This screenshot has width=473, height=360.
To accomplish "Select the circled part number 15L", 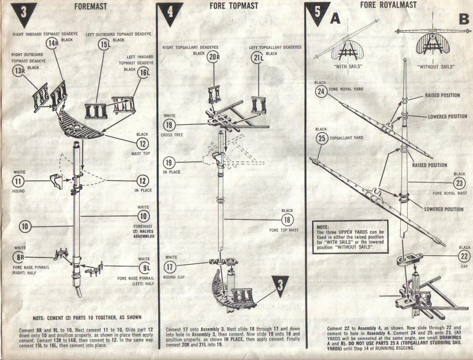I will coord(104,44).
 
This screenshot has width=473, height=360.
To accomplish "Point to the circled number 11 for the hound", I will coord(18,181).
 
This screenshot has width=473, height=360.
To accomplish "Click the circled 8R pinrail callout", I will coord(19,257).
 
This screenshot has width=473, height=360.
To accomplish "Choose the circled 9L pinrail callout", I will coord(144,268).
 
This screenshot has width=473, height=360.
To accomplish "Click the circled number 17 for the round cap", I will coord(169,266).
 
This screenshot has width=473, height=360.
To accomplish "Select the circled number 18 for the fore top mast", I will coord(287,220).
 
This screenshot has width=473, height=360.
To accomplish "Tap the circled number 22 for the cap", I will coord(464,256).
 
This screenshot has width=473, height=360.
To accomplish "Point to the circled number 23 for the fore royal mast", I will coord(459,183).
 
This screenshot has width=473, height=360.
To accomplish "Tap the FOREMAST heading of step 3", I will coord(91,6).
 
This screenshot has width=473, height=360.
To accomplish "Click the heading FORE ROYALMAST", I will coord(388,5).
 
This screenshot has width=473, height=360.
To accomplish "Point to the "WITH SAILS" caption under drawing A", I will coord(348,66).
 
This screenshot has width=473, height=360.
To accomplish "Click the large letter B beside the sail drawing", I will coord(464,19).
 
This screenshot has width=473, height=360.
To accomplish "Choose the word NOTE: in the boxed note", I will coord(323,227).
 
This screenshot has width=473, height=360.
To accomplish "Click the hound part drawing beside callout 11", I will coord(56,181).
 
